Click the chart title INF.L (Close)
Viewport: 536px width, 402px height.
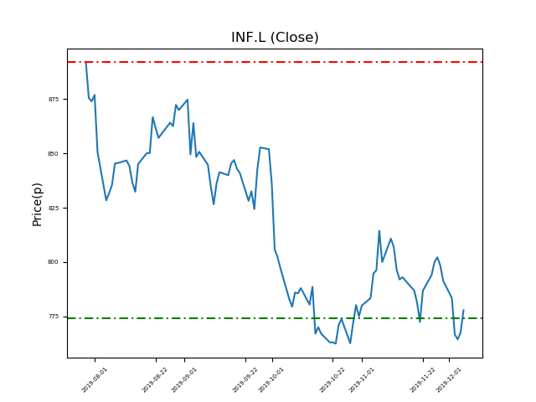coord(275,38)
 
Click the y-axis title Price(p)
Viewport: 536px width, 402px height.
coord(38,204)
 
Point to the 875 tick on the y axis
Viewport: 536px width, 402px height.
coord(54,100)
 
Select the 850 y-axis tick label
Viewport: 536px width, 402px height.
coord(54,154)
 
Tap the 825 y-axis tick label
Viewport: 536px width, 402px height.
coord(54,208)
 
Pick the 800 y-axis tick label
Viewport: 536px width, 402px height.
coord(54,262)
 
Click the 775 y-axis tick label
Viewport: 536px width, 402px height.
coord(54,317)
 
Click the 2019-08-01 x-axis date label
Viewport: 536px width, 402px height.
coord(95,379)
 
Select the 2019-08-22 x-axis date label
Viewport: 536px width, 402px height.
coord(155,379)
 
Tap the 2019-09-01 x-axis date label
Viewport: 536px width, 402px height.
coord(184,379)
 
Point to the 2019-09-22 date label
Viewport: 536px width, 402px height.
coord(245,379)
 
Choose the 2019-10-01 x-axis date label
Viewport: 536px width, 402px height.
coord(271,379)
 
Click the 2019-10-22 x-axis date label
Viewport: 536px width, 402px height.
coord(332,379)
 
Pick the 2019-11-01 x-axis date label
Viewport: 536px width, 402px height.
coord(362,379)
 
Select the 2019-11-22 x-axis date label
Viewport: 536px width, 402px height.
coord(423,379)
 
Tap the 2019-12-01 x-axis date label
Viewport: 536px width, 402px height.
coord(449,379)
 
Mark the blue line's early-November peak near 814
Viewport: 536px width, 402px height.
coord(379,231)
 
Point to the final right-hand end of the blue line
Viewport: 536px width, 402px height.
coord(463,310)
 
